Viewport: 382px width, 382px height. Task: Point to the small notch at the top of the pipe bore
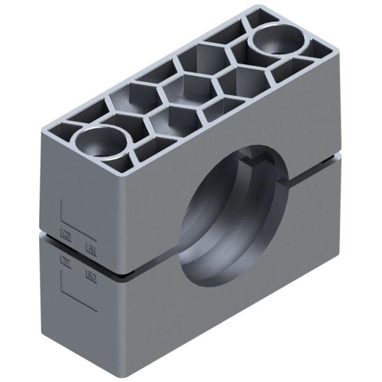point(257,159)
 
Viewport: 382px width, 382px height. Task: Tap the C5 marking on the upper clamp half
point(66,238)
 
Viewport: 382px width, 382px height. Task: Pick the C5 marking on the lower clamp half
point(91,274)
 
